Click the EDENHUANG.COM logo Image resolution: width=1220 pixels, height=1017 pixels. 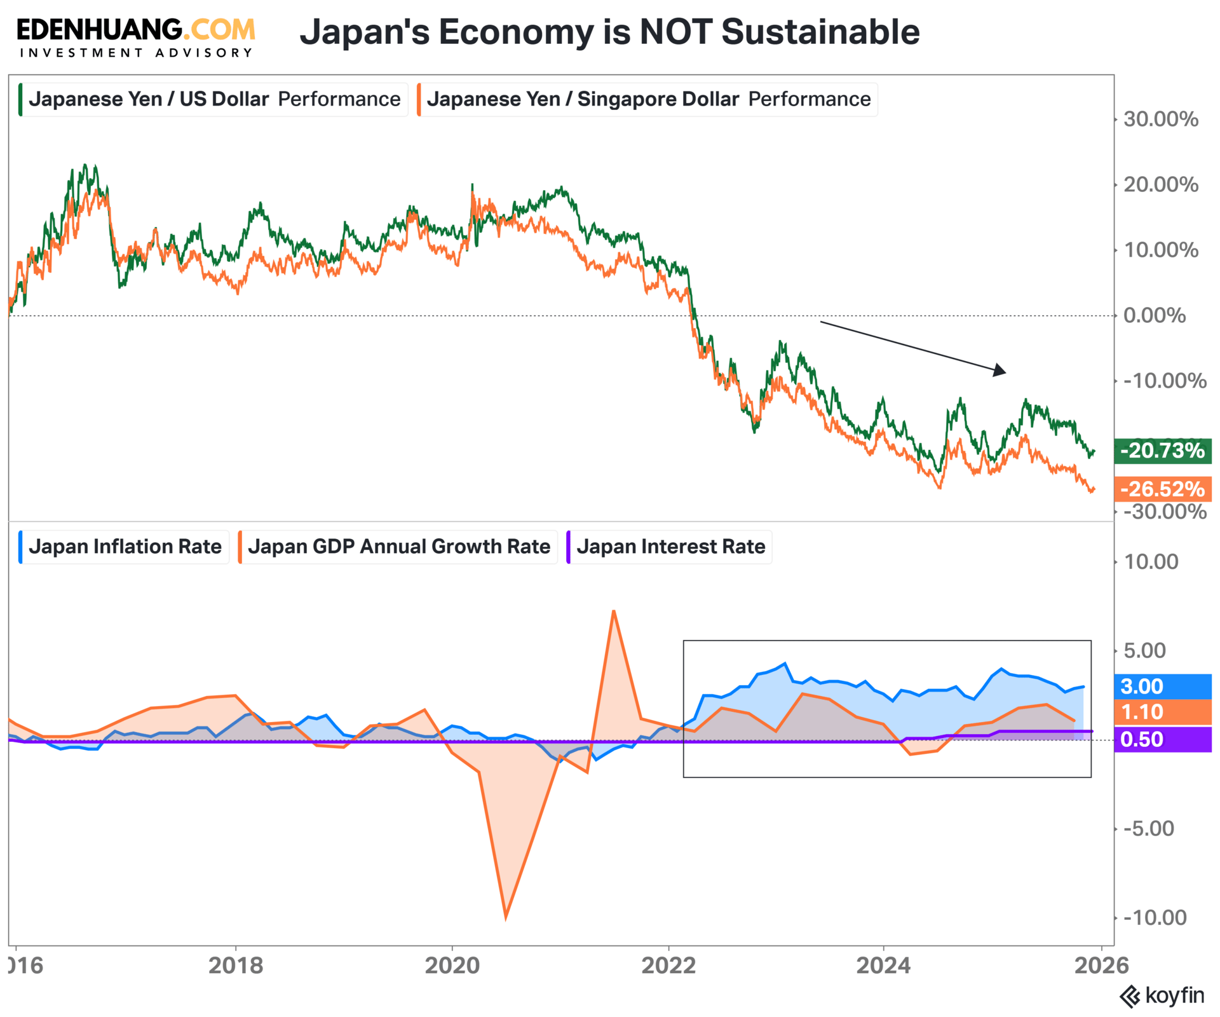pos(136,37)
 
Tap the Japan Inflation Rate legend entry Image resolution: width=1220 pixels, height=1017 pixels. pos(125,547)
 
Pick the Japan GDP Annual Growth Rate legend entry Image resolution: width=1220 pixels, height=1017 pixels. pos(398,547)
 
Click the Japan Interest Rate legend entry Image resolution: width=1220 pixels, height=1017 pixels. pos(670,547)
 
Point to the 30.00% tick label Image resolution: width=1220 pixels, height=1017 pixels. pos(1160,119)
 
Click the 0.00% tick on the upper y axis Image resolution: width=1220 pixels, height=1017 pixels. pos(1154,315)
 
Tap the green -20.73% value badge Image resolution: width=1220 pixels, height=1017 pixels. pos(1162,451)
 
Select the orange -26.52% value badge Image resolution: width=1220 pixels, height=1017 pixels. pos(1162,489)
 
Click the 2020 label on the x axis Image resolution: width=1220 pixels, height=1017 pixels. pos(452,966)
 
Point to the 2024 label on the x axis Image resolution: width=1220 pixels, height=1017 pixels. pos(883,966)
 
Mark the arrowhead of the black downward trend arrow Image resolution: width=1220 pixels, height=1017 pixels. pos(1001,371)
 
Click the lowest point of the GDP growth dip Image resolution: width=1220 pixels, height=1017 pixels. pos(506,918)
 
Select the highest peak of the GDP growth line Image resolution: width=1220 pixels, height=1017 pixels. pos(613,611)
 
